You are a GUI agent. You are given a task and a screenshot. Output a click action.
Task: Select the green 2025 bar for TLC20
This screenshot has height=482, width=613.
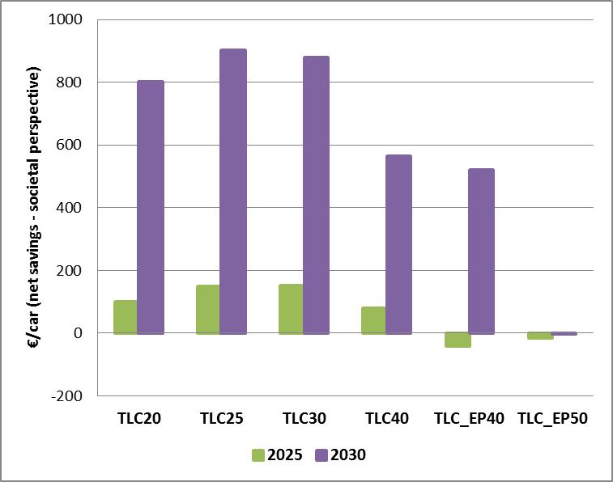125,316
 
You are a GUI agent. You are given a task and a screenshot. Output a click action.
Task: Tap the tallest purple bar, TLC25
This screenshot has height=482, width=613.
233,191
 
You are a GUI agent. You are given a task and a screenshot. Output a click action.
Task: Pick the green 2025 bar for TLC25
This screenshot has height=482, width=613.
207,309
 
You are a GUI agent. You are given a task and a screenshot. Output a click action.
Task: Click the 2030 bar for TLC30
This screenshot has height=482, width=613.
316,194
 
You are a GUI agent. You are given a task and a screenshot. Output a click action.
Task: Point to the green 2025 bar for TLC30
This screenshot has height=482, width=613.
290,308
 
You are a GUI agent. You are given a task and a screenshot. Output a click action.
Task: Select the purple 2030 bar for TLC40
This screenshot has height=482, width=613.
398,243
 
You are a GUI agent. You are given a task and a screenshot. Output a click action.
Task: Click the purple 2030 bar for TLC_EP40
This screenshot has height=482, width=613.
481,251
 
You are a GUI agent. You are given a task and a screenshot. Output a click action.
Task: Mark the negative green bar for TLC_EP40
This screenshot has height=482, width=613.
457,340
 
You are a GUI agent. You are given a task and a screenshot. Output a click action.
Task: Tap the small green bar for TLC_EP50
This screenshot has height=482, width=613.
539,336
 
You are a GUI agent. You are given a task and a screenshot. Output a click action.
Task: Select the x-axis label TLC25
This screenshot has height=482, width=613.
221,419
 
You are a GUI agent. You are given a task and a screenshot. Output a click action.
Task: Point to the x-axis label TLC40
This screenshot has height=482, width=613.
386,419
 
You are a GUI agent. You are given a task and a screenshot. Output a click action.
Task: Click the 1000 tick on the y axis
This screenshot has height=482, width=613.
70,19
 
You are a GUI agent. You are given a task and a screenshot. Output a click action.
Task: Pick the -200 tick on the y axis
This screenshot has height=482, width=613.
71,395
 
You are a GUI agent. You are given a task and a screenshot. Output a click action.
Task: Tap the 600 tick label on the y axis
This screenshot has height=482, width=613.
74,145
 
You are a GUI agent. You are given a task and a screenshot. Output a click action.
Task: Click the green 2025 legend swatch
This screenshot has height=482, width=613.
258,455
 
